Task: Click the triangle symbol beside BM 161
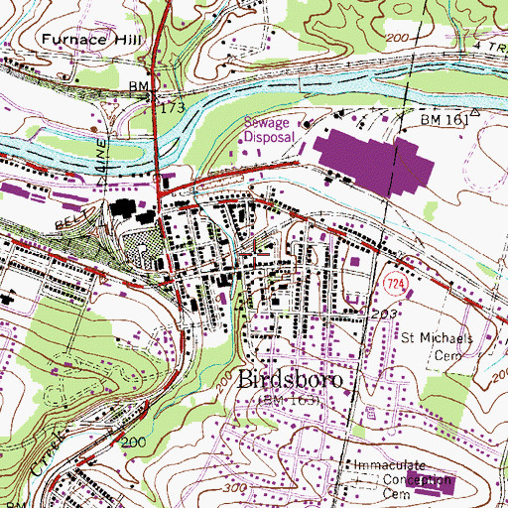474,113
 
